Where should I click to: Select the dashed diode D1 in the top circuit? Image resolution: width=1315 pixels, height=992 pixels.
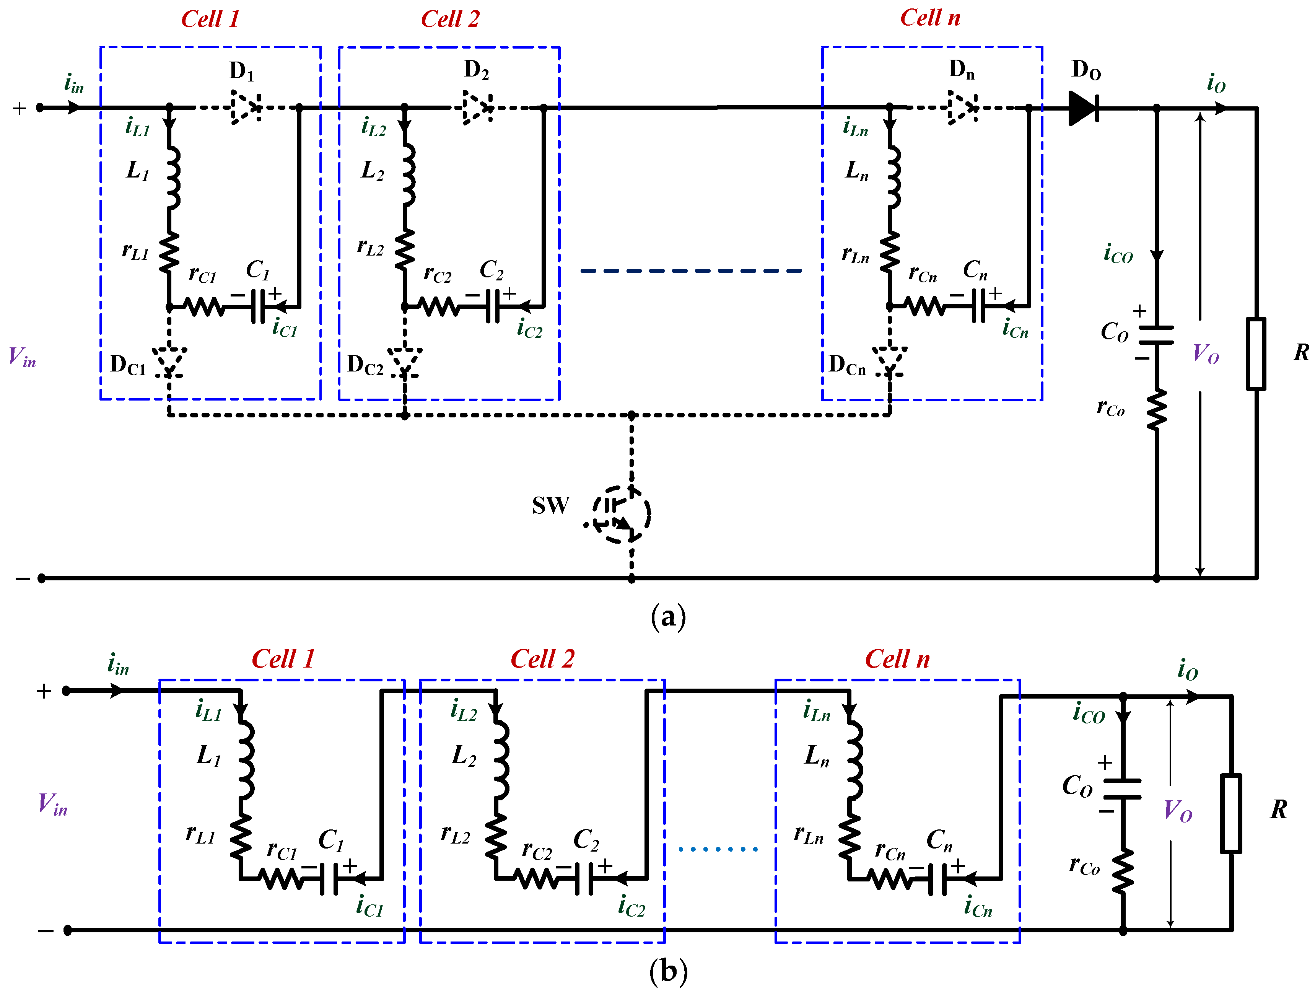246,108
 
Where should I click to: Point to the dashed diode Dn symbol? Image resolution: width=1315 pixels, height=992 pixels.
962,108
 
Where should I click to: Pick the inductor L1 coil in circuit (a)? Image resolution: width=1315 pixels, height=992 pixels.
173,177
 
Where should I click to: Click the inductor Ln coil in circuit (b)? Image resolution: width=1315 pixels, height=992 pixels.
854,761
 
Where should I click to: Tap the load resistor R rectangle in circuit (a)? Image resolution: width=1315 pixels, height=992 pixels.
1256,354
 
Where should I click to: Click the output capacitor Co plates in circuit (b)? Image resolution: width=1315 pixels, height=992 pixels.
1122,788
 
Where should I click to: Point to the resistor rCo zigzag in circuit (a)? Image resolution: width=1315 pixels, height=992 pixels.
1156,409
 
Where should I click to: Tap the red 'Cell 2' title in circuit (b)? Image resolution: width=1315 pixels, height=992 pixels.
542,659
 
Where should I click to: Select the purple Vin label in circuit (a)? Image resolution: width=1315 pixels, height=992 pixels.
23,357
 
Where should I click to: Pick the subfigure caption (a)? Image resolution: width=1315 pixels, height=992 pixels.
668,617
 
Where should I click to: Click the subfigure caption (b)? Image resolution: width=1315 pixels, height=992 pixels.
668,971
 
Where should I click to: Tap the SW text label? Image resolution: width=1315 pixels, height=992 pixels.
550,505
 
